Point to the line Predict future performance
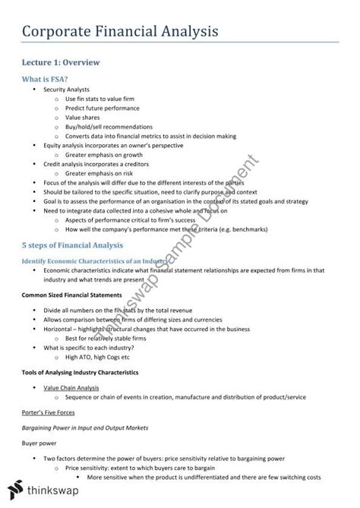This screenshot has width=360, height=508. click(x=104, y=109)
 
